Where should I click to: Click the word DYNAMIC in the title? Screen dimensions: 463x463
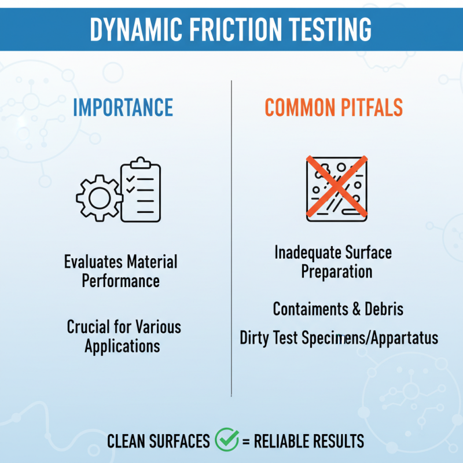[x=131, y=30]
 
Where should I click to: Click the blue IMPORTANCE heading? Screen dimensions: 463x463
[x=123, y=108]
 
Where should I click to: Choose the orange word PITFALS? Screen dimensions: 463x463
[x=370, y=108]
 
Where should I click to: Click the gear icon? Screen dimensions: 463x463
[x=98, y=198]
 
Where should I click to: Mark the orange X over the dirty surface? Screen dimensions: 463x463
[x=336, y=186]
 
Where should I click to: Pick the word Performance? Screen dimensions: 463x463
[x=120, y=281]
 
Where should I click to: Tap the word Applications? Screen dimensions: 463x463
[x=122, y=346]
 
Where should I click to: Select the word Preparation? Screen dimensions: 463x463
[x=336, y=271]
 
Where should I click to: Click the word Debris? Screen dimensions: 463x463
[x=384, y=309]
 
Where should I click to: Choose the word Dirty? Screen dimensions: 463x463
[x=255, y=337]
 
